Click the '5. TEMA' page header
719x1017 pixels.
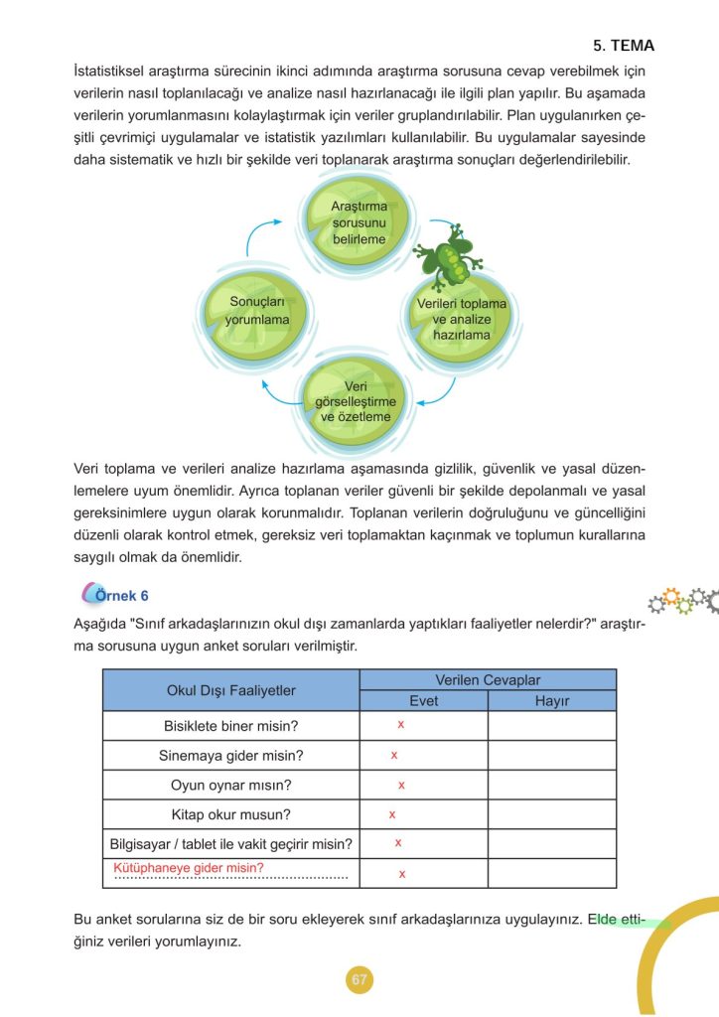(x=624, y=46)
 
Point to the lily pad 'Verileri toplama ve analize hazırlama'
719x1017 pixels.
(x=461, y=318)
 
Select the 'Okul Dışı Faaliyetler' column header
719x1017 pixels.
(x=230, y=689)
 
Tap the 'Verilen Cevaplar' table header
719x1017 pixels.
(x=488, y=679)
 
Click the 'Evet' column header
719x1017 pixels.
(x=423, y=700)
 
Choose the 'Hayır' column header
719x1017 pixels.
(x=551, y=700)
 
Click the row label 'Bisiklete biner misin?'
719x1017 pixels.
(x=230, y=725)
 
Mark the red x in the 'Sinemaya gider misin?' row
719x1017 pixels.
(x=394, y=756)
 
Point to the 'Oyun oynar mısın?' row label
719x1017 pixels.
(x=230, y=785)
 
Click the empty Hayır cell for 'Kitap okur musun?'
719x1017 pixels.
(x=551, y=814)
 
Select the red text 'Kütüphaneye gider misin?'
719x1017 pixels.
(x=189, y=867)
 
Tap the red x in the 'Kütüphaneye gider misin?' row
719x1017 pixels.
(x=401, y=874)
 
